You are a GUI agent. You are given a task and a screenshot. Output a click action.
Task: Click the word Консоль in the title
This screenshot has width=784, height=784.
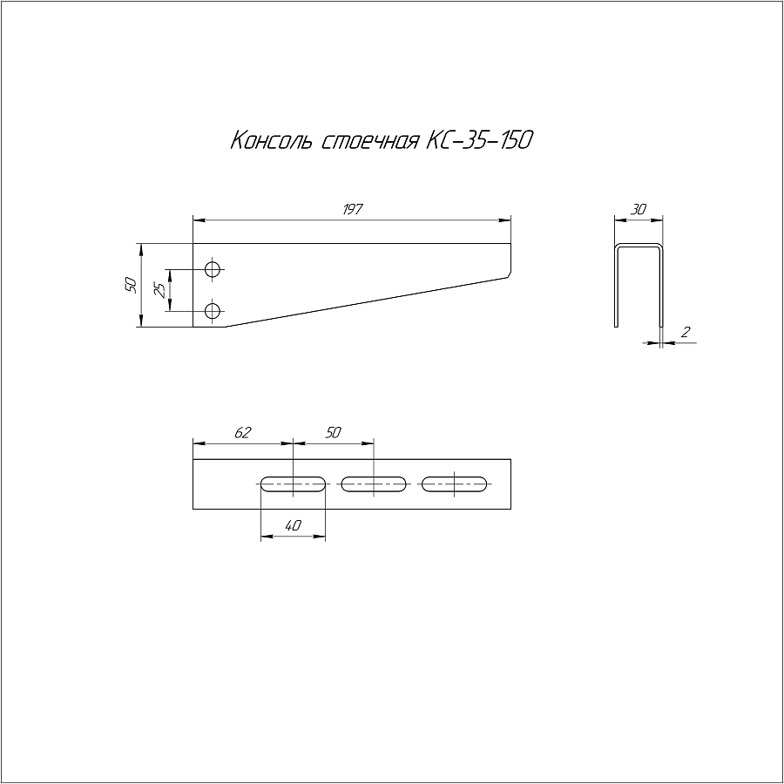click(272, 140)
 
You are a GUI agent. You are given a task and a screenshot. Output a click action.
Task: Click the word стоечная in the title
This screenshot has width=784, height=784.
click(369, 141)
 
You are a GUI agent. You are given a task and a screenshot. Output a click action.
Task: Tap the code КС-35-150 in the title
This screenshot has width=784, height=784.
click(479, 140)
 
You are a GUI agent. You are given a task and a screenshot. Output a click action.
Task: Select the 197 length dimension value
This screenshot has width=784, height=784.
click(353, 209)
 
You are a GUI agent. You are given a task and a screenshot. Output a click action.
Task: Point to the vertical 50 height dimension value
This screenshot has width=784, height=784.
click(131, 285)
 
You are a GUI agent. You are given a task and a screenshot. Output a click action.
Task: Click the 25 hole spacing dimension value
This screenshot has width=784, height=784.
click(160, 290)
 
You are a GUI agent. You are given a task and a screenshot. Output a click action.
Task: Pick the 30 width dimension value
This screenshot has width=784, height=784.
click(639, 209)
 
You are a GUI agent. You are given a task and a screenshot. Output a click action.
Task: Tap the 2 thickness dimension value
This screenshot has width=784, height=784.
click(686, 332)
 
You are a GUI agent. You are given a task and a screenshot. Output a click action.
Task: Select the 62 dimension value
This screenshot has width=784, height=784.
click(242, 432)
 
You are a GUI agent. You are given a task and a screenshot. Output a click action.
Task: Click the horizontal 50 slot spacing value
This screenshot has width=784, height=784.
click(333, 432)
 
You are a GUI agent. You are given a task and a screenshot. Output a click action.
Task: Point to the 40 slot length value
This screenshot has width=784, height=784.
click(293, 525)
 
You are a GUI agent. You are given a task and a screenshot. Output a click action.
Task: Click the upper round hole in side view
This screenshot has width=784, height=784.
click(213, 269)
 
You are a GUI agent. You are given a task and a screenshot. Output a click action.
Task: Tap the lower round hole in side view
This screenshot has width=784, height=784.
click(213, 312)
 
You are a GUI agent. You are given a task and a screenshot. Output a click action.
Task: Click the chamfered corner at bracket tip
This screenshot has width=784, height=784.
click(509, 275)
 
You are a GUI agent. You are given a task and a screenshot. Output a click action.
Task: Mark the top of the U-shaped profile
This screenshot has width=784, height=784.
click(639, 246)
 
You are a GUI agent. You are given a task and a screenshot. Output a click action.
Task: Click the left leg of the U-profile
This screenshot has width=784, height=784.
click(617, 287)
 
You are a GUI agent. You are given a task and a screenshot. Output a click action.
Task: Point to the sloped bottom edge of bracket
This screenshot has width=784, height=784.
click(367, 302)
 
